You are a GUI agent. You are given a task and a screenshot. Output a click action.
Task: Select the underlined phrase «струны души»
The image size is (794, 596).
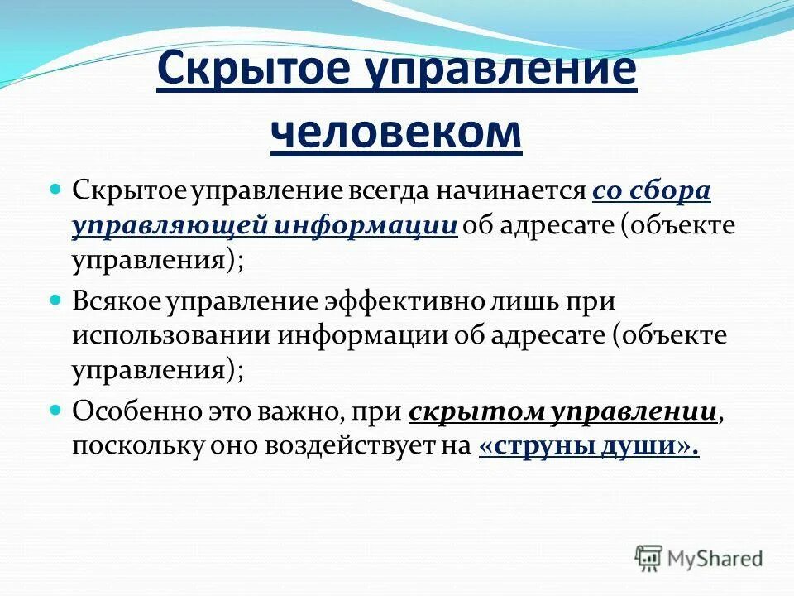(x=588, y=446)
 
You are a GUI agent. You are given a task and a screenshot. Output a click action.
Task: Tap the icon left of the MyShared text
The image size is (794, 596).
(x=648, y=557)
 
